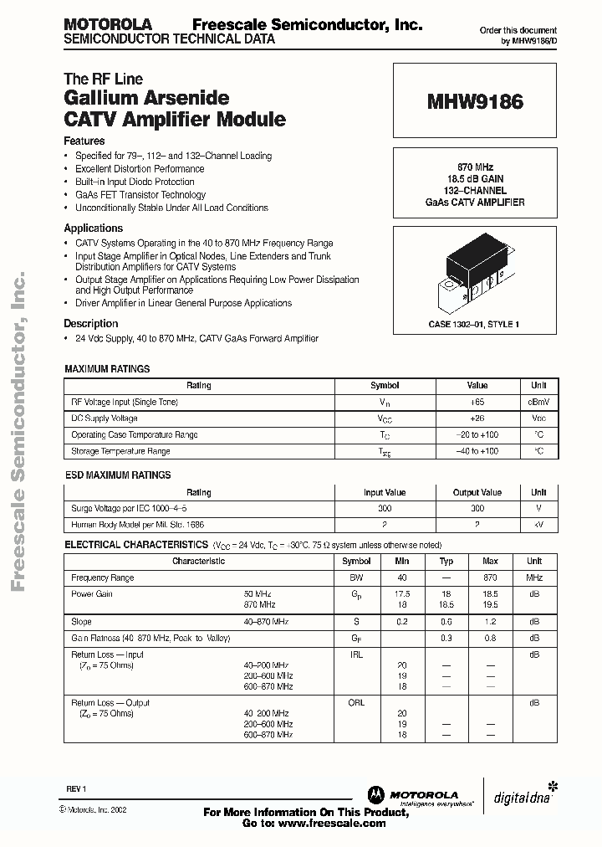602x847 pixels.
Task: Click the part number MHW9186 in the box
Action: pos(475,103)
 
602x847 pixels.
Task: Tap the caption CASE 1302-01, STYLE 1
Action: pos(474,324)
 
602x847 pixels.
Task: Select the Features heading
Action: pos(84,141)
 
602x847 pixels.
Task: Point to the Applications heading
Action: pos(94,228)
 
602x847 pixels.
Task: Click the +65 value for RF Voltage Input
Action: pos(477,402)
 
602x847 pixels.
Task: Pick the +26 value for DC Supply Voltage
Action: pos(477,418)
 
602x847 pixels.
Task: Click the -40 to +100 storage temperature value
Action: pos(477,451)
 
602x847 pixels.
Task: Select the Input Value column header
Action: pos(384,493)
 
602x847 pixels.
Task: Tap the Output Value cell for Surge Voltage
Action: pos(477,509)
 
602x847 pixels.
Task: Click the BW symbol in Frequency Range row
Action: pos(356,578)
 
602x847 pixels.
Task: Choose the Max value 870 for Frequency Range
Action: pos(490,578)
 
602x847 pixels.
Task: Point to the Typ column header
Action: pos(446,562)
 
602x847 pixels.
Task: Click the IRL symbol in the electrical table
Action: pos(356,654)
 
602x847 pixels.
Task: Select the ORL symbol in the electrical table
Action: pos(356,703)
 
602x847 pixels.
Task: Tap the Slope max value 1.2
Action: pos(490,622)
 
